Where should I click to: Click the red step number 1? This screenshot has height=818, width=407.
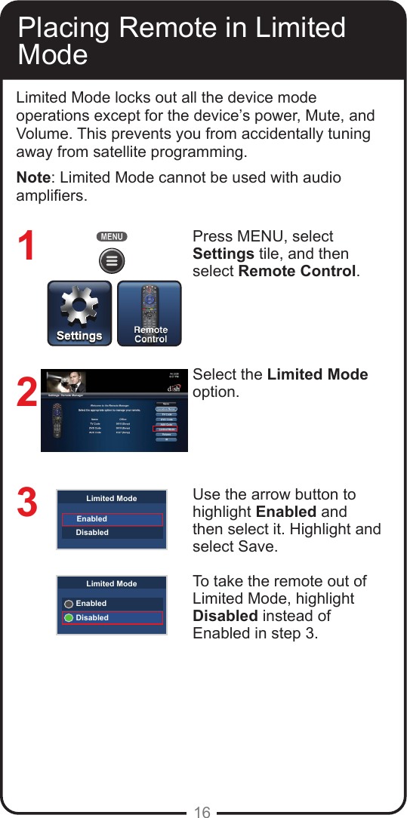(x=26, y=247)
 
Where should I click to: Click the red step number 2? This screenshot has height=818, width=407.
(x=26, y=392)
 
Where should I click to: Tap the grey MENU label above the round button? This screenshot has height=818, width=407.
(x=112, y=237)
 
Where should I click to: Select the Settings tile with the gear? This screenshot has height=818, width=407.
(x=79, y=314)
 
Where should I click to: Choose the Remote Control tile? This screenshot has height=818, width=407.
(x=150, y=314)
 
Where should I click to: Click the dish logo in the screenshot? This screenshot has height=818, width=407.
(x=173, y=388)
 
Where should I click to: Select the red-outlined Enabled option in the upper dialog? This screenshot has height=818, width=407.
(x=112, y=519)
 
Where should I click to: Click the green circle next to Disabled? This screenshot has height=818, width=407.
(x=69, y=617)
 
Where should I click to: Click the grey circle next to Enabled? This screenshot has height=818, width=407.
(x=69, y=604)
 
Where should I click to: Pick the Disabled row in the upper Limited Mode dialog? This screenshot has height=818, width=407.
(x=112, y=533)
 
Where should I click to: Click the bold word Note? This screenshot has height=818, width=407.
(x=35, y=178)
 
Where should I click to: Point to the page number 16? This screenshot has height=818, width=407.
(x=202, y=812)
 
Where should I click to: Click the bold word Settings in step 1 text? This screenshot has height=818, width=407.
(x=223, y=254)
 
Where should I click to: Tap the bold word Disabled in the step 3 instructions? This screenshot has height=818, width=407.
(x=225, y=616)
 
